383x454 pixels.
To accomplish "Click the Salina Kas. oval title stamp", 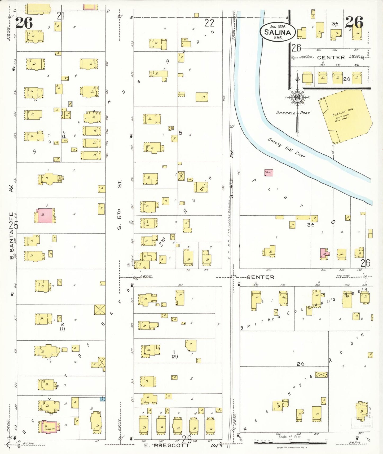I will (x=278, y=32).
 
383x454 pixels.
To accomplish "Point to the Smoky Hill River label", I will (x=286, y=148).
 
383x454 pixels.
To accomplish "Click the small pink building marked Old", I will (x=268, y=173).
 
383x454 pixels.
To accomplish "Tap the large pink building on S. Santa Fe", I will (x=44, y=215).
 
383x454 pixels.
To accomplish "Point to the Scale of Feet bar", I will (x=290, y=443).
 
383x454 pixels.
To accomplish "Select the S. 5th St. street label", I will (x=120, y=204).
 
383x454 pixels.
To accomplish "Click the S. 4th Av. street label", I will (x=232, y=173).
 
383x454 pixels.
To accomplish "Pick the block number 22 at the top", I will (x=209, y=23).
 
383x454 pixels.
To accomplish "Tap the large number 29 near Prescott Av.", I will (x=187, y=440).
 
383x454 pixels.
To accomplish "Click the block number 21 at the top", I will (x=61, y=16).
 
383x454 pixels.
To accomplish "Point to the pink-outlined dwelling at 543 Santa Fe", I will (x=49, y=427).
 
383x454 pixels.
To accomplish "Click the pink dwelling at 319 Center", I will (x=324, y=253).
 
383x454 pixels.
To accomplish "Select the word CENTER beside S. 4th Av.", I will (x=260, y=277).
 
